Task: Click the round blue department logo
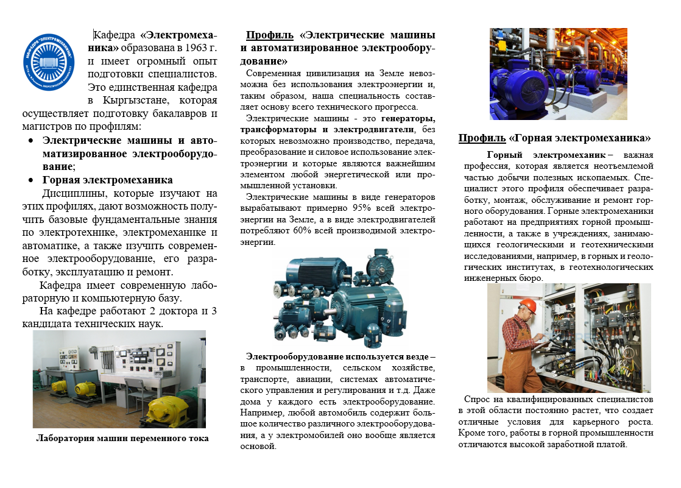pos(49,62)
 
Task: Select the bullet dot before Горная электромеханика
pos(30,180)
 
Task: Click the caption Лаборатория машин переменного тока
pos(122,439)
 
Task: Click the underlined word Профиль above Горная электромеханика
pos(482,138)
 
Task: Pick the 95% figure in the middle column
pos(361,208)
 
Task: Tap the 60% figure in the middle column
pos(302,231)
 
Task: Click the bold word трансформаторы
pos(278,130)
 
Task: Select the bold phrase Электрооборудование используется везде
pos(337,357)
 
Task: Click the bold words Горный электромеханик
pos(546,155)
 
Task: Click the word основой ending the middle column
pos(258,447)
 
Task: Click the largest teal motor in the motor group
pos(369,311)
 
